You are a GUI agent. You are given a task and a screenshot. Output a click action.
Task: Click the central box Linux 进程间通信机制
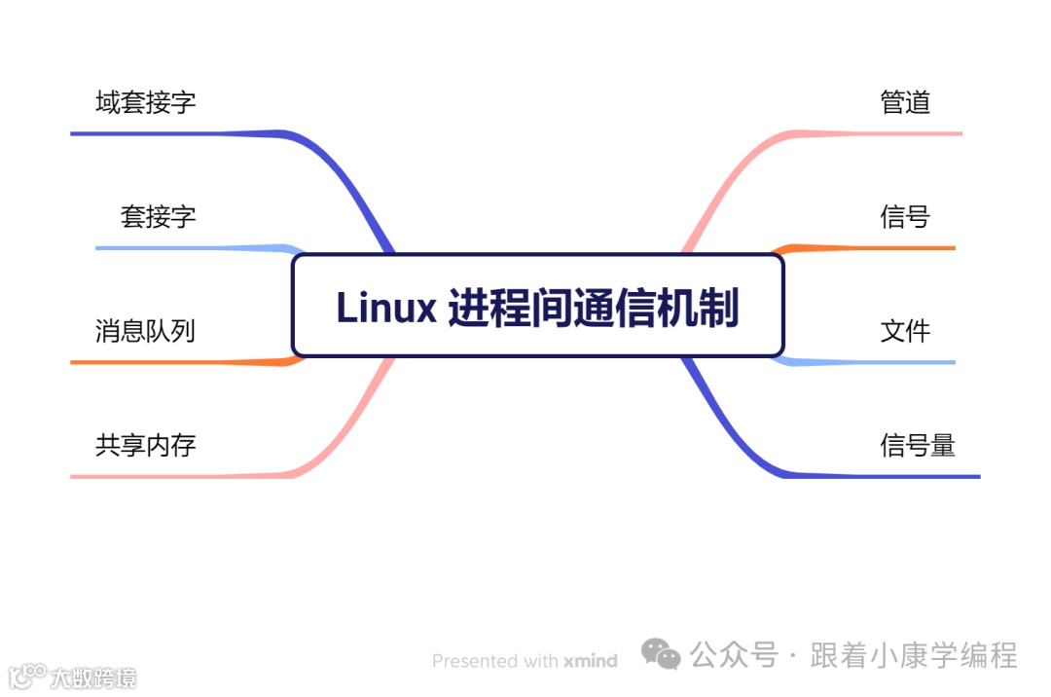point(537,306)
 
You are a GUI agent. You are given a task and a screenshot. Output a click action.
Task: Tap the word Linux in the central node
point(386,308)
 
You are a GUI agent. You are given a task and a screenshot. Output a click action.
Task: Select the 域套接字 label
point(146,102)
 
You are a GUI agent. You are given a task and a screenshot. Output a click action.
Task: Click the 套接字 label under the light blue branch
point(158,216)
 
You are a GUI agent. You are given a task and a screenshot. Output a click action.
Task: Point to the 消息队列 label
point(146,331)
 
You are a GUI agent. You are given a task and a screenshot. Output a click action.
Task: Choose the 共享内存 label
point(146,445)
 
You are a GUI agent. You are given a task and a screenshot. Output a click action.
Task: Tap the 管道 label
point(905,102)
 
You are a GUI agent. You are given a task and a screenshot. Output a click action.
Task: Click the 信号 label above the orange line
point(905,216)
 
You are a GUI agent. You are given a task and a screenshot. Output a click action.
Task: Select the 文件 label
point(905,331)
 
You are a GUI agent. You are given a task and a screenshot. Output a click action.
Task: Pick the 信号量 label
point(918,445)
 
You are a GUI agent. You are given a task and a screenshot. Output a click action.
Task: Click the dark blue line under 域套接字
point(175,132)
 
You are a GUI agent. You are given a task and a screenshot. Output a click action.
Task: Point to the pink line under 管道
point(876,132)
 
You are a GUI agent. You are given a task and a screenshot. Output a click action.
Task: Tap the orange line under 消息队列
point(175,362)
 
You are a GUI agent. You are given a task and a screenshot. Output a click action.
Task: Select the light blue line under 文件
point(876,362)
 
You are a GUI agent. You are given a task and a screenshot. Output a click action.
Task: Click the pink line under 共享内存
point(175,476)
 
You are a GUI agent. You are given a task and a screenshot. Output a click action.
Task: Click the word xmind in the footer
point(590,661)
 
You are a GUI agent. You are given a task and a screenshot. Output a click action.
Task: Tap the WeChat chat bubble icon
point(661,655)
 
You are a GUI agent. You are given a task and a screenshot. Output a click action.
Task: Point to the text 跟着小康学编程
point(914,655)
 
